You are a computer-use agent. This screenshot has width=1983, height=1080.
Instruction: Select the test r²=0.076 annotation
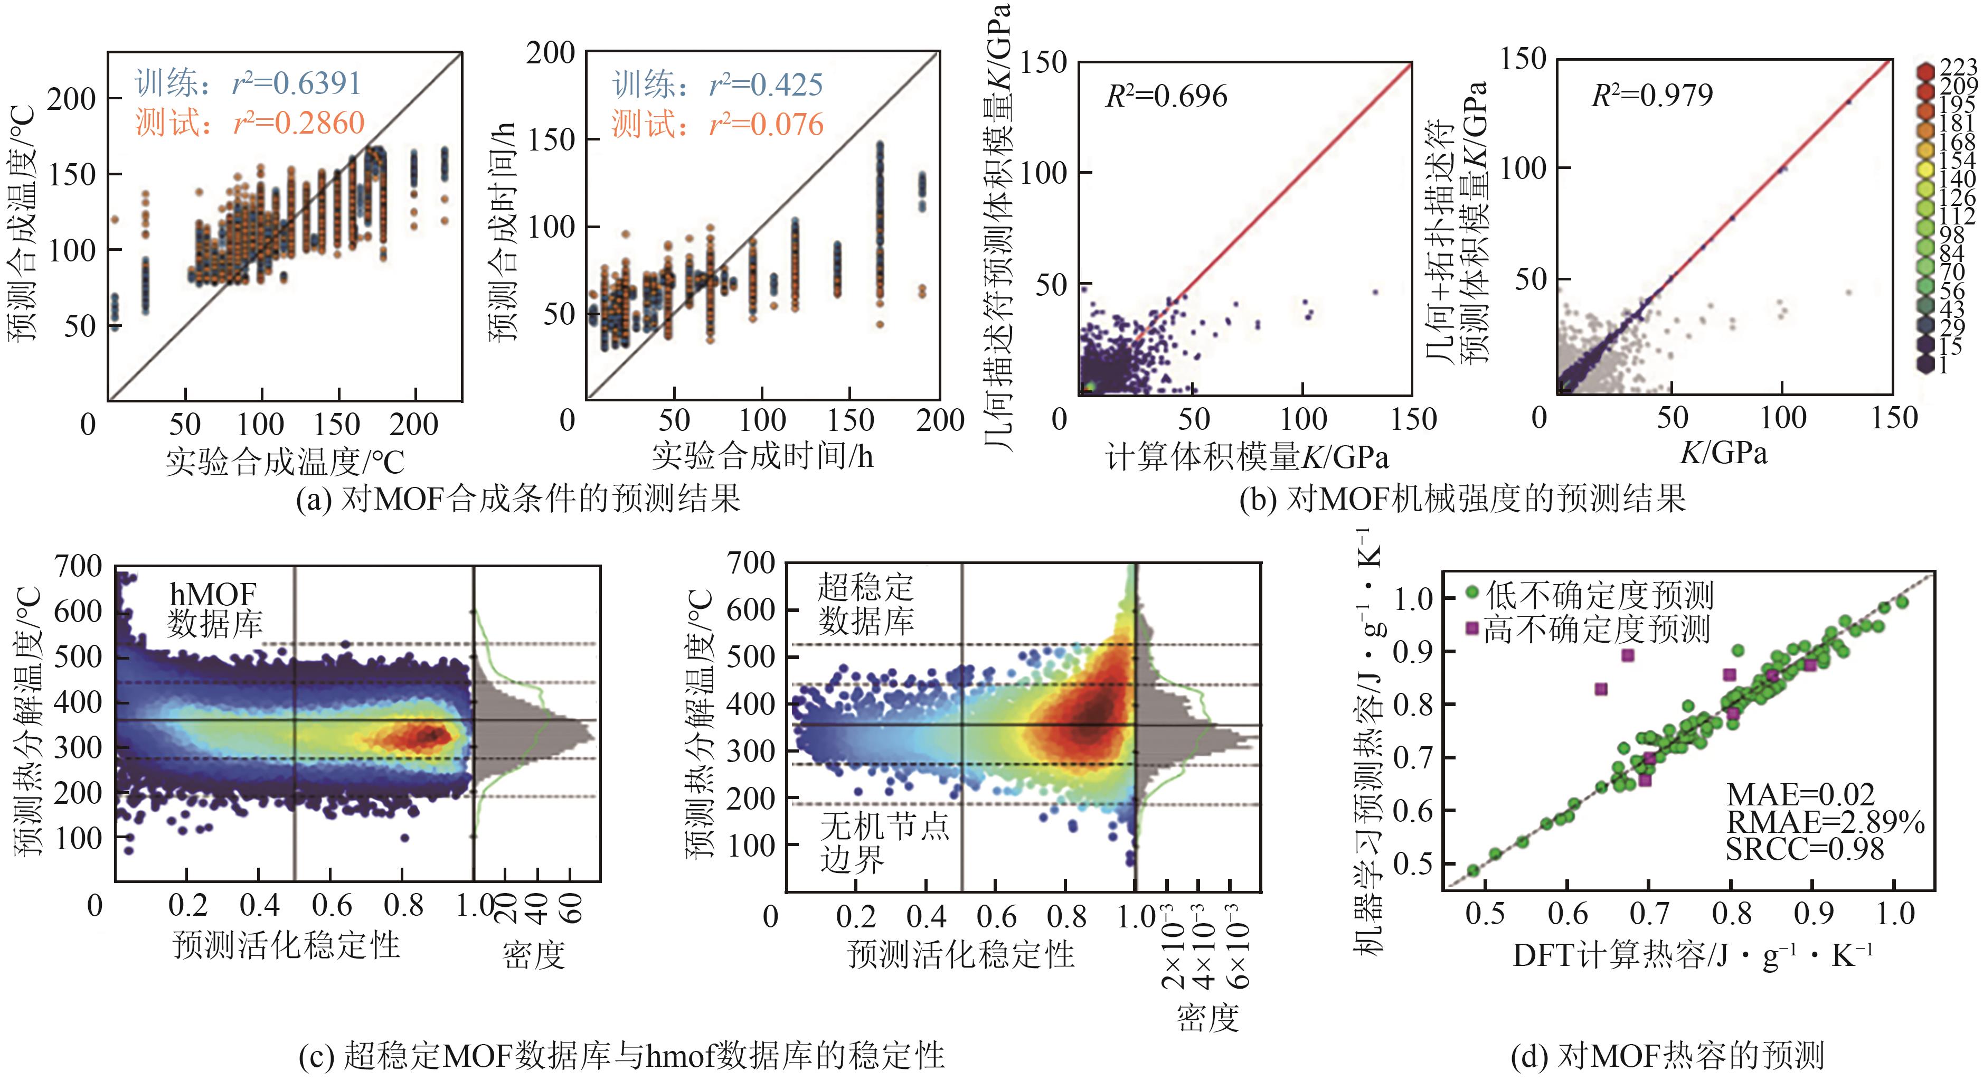[x=717, y=124]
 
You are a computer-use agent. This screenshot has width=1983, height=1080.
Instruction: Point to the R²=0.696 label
[x=1166, y=96]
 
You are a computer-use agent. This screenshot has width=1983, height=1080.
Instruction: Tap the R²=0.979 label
[x=1652, y=95]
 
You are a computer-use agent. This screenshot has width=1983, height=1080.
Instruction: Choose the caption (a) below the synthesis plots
[x=518, y=499]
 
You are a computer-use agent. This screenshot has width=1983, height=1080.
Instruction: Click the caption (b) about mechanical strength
[x=1462, y=499]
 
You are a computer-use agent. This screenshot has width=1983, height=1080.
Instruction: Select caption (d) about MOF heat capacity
[x=1667, y=1055]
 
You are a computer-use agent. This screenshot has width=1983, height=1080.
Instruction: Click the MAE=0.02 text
[x=1800, y=794]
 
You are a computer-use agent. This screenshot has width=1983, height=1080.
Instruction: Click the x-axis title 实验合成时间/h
[x=762, y=456]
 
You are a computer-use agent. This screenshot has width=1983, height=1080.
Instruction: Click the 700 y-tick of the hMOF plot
[x=78, y=567]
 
